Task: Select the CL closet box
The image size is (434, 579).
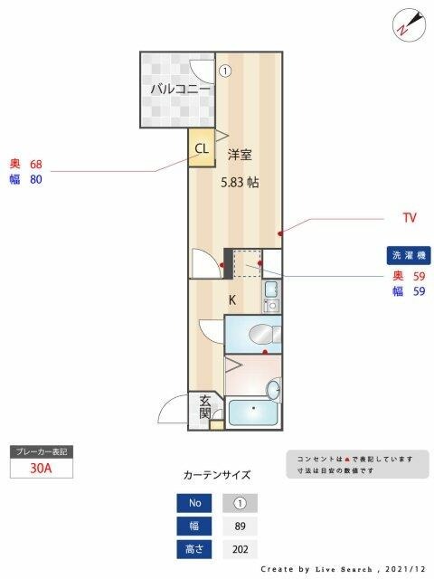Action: [201, 149]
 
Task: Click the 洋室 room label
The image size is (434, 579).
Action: [240, 154]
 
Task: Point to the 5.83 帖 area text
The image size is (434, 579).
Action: [241, 182]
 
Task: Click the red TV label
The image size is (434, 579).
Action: [410, 218]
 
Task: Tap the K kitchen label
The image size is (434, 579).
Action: [231, 299]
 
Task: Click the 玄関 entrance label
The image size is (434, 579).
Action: [205, 407]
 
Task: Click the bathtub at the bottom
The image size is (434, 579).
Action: [255, 415]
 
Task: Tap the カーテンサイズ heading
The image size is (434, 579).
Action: [216, 474]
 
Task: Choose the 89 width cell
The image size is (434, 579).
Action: [240, 526]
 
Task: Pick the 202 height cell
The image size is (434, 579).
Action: [240, 548]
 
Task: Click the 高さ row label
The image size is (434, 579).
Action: [196, 548]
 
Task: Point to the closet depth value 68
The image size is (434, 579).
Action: [36, 165]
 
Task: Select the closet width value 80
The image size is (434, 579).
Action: [36, 179]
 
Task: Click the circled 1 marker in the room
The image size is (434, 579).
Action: [225, 69]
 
